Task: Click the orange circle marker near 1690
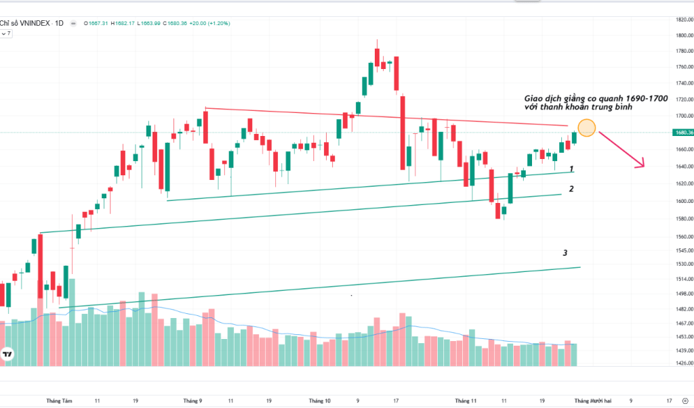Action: point(587,127)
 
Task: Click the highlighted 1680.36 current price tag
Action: point(681,133)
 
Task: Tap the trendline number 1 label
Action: point(572,168)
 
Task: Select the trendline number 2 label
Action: point(572,189)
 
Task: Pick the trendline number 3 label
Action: point(565,253)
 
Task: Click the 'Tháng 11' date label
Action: point(465,401)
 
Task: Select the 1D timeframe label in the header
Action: point(59,23)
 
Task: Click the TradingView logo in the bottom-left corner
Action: point(8,354)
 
